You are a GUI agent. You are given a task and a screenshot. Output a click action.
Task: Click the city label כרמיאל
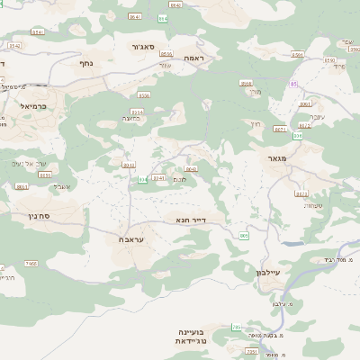[x=33, y=105]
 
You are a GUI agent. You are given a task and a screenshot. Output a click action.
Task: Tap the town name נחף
[x=86, y=63]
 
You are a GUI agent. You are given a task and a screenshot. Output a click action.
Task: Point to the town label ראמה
[x=193, y=58]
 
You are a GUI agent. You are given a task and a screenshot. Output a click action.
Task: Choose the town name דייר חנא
[x=192, y=219]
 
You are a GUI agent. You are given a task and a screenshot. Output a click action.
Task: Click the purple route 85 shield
[x=293, y=84]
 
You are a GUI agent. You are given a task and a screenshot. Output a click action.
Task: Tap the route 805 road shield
[x=243, y=236]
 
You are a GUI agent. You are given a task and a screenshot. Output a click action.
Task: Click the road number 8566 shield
[x=246, y=83]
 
